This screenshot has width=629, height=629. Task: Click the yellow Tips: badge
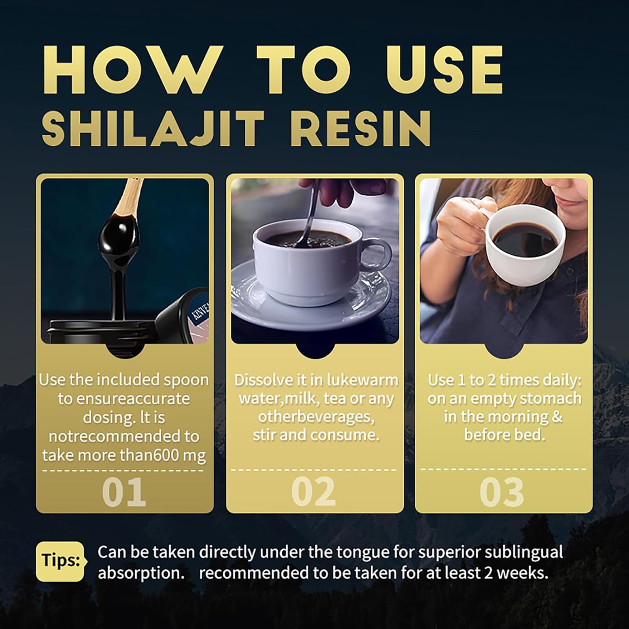60,561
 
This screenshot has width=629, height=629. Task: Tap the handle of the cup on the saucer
375,257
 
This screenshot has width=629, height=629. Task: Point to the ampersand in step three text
557,417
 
